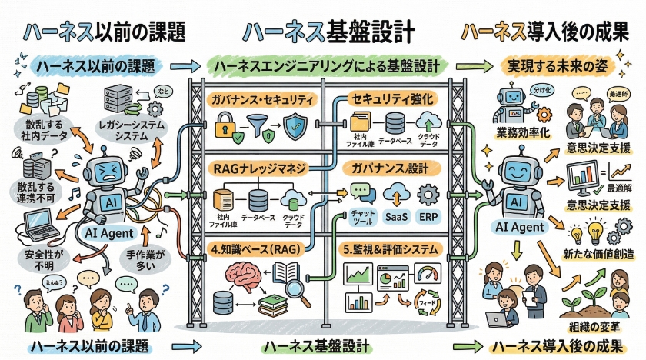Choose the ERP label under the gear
coord(428,216)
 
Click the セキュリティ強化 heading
coord(393,98)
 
